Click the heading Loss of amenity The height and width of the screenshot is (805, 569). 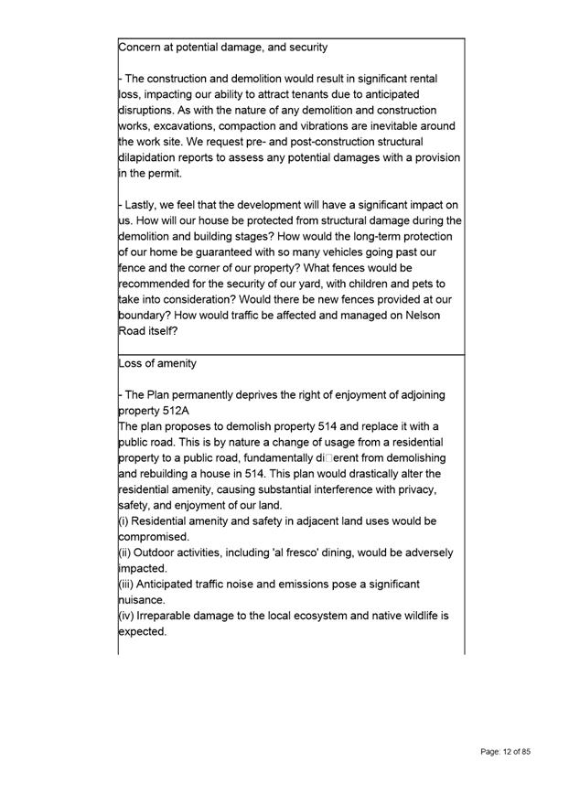(157, 363)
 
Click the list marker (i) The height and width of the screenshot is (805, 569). (125, 521)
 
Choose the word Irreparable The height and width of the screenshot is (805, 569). (172, 616)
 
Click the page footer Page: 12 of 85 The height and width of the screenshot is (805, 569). (505, 751)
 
